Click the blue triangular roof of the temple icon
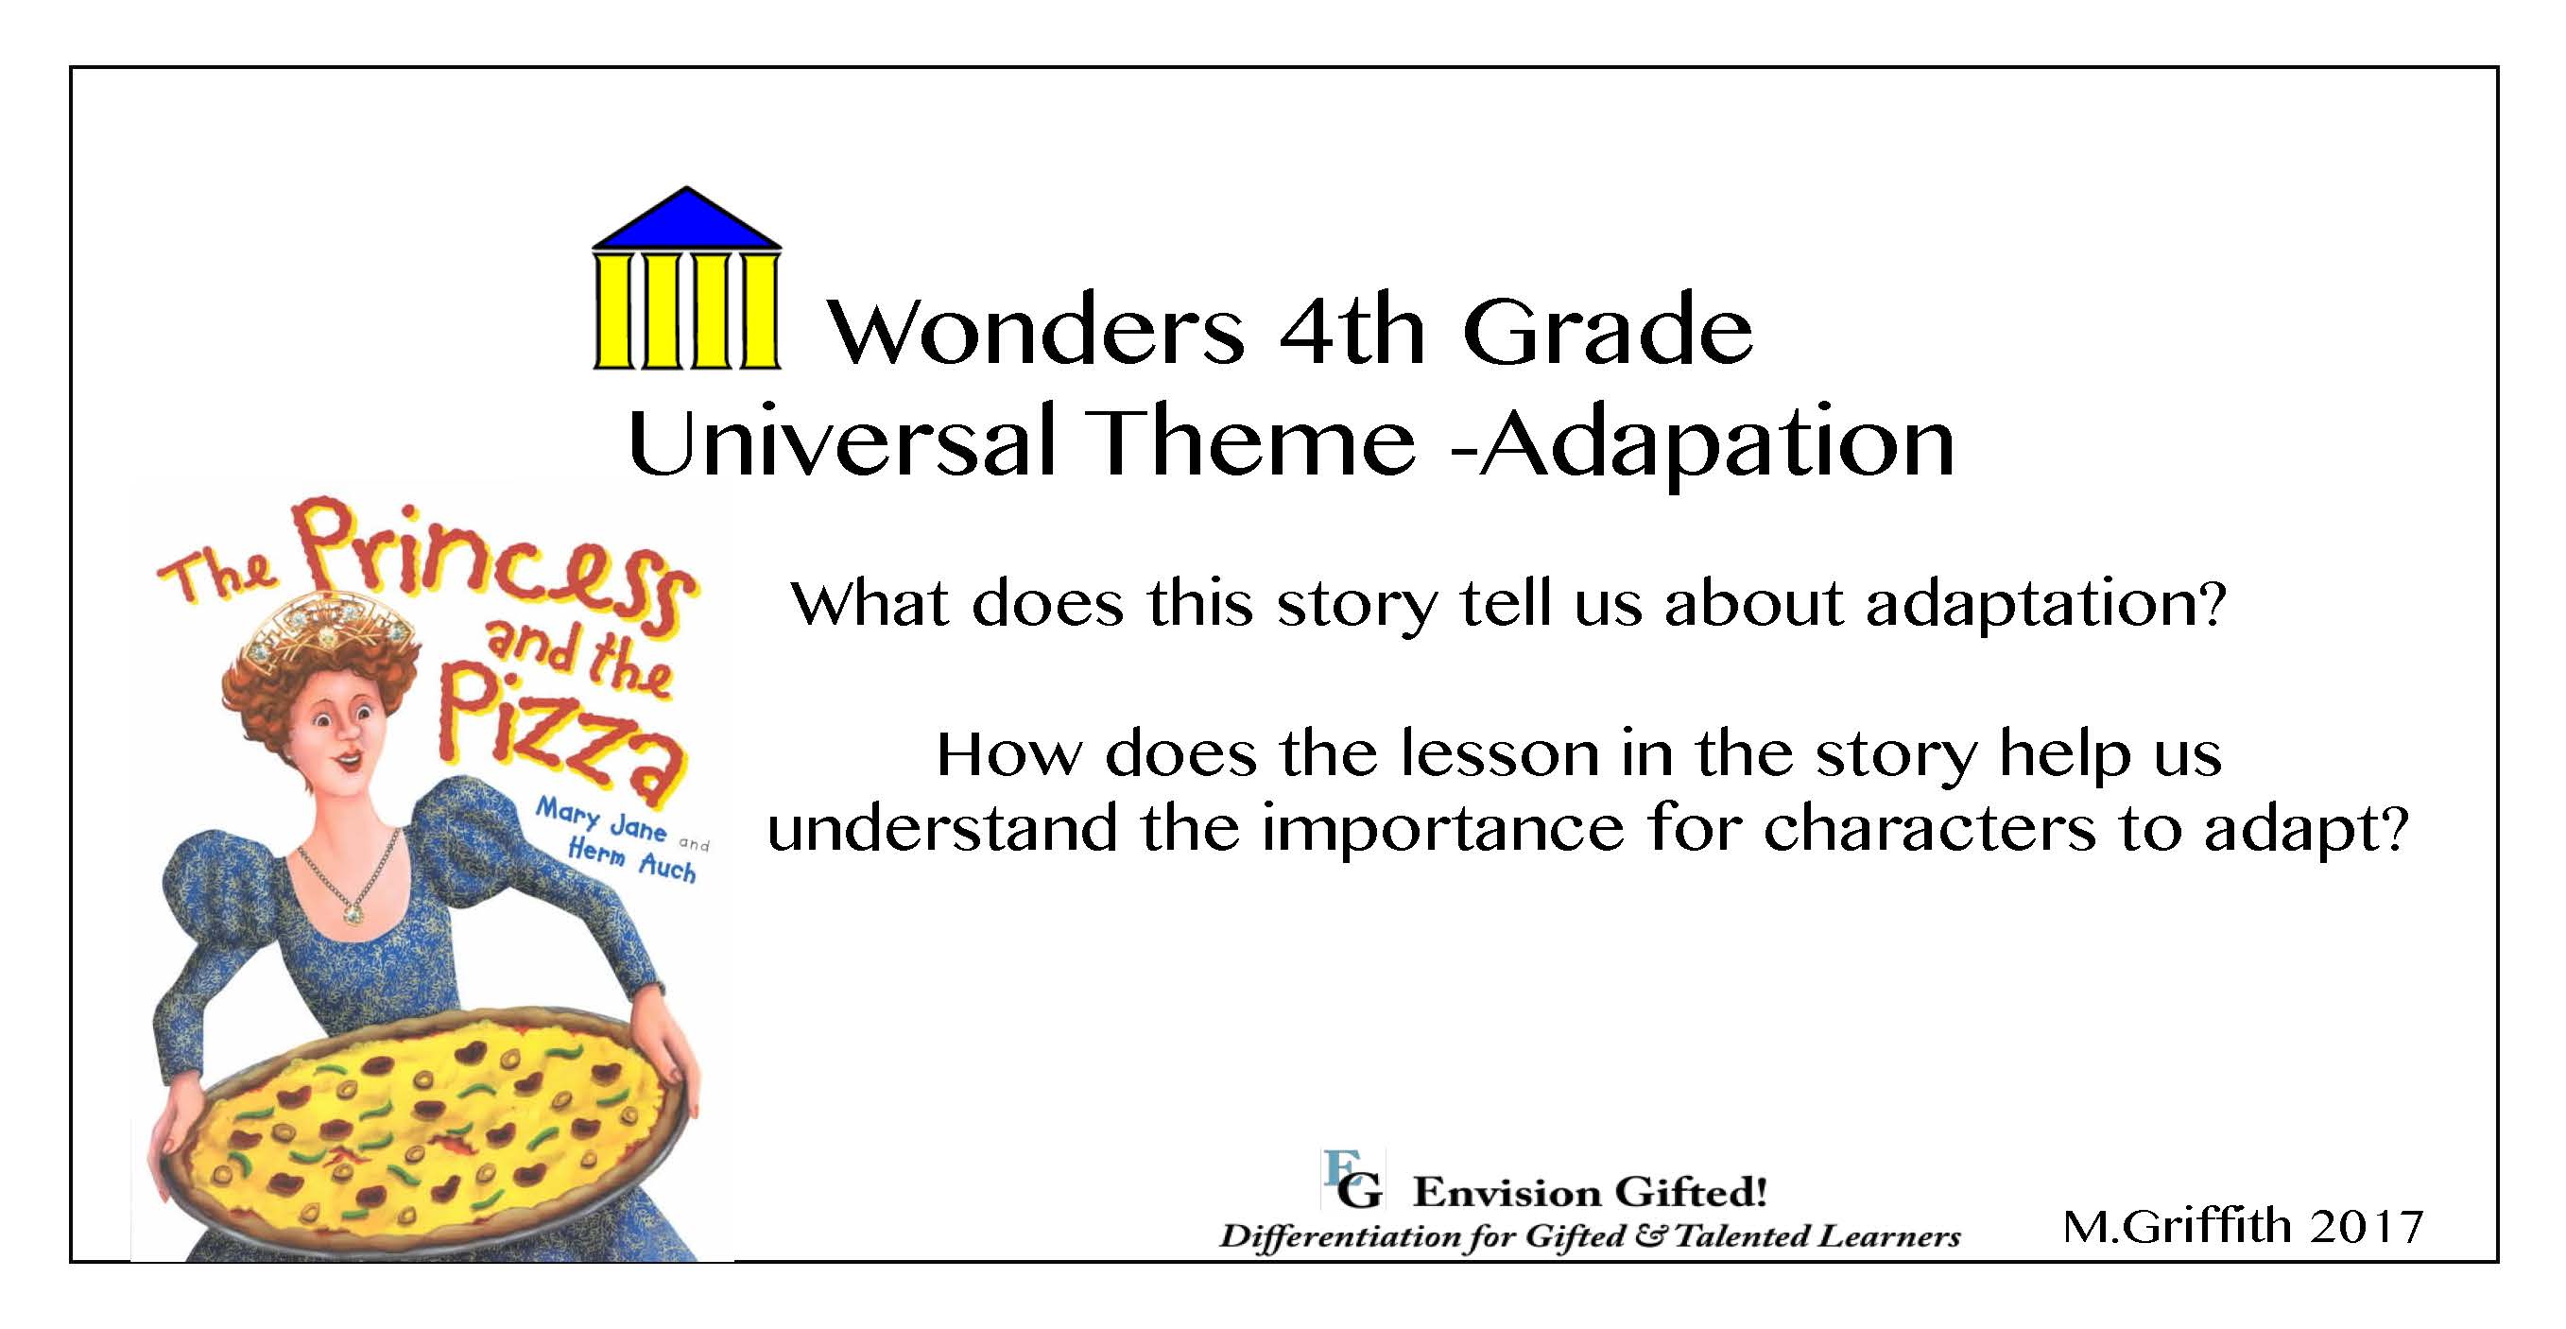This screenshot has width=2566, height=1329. coord(686,220)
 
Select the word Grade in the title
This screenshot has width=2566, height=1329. coord(1607,330)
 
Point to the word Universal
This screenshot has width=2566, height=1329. coord(841,442)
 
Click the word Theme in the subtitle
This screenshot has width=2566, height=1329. coord(1254,442)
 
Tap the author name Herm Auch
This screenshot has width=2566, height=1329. coord(630,861)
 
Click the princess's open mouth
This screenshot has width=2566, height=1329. coord(349,765)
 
